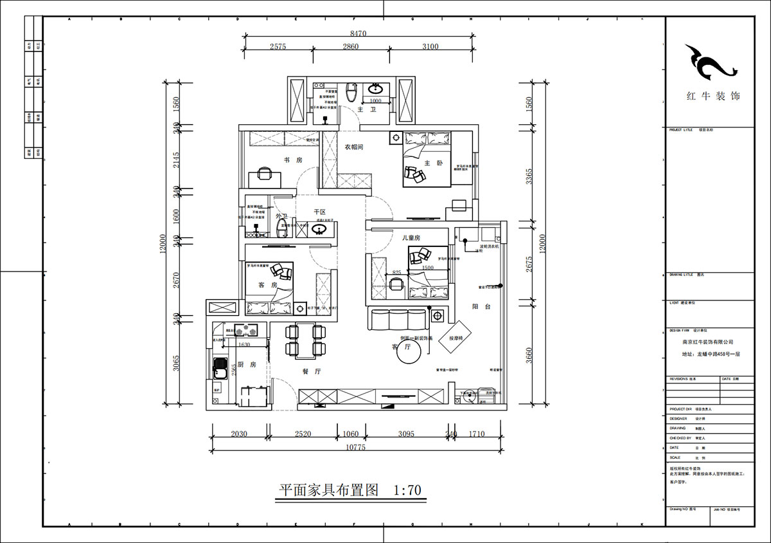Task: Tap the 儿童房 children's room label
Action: click(411, 238)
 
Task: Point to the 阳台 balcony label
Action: click(481, 307)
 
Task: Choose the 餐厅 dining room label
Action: click(312, 371)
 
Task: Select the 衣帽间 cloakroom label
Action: click(354, 147)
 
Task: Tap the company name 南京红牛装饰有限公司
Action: click(707, 342)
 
